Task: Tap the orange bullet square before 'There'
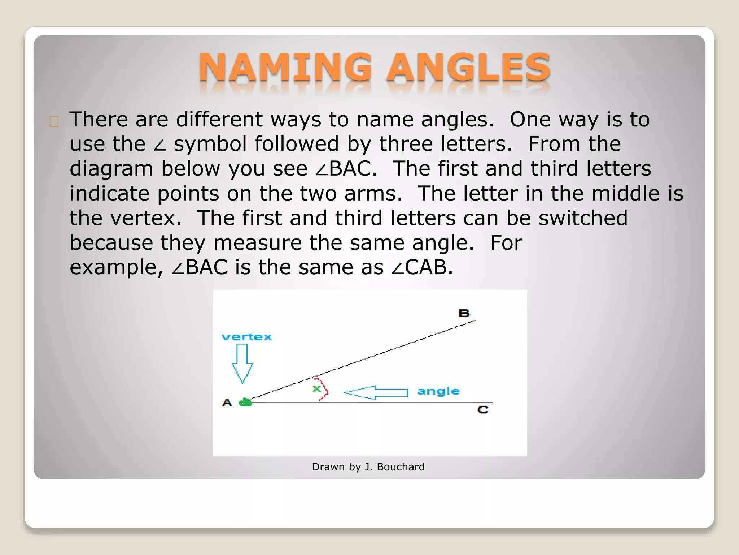coord(54,122)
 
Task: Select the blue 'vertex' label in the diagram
coord(247,337)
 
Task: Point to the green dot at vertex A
coord(245,402)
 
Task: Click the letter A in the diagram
coord(227,403)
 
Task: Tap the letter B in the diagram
coord(464,313)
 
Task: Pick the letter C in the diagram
coord(483,410)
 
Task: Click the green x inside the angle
coord(317,389)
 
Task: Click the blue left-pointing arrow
coord(375,392)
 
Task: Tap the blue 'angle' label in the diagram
coord(438,391)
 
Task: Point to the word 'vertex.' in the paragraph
coord(146,218)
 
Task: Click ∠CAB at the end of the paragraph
coord(422,267)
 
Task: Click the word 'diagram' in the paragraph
coord(111,169)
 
